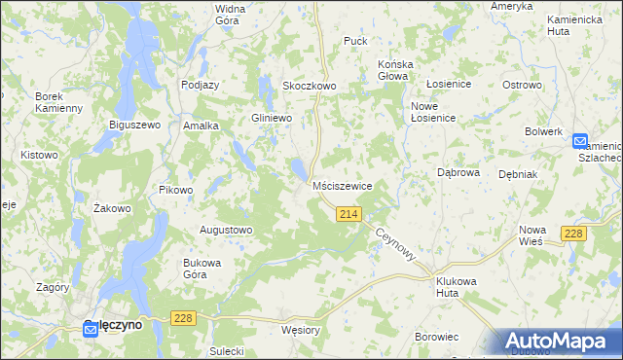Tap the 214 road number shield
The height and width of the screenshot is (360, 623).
pyautogui.click(x=349, y=214)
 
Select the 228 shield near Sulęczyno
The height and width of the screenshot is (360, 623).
pyautogui.click(x=182, y=318)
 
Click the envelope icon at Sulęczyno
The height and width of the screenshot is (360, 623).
pyautogui.click(x=90, y=330)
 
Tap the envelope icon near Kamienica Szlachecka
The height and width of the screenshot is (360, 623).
pyautogui.click(x=580, y=141)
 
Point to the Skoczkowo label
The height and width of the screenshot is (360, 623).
pyautogui.click(x=309, y=86)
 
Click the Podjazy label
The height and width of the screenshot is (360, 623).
pyautogui.click(x=200, y=85)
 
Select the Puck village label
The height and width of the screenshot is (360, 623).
pyautogui.click(x=354, y=42)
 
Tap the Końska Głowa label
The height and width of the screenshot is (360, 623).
pyautogui.click(x=396, y=71)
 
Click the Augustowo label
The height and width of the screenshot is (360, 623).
pyautogui.click(x=226, y=231)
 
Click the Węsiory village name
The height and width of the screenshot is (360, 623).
pyautogui.click(x=300, y=330)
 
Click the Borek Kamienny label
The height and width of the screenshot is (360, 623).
pyautogui.click(x=57, y=101)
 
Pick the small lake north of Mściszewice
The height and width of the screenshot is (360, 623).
pyautogui.click(x=297, y=170)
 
